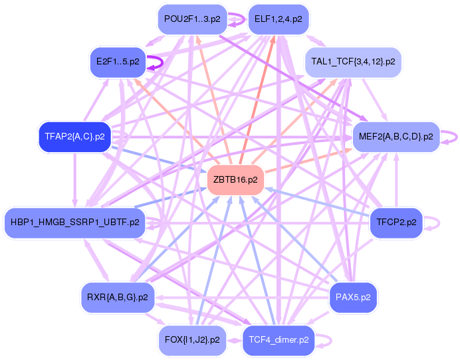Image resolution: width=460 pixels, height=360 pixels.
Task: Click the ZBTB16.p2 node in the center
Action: pyautogui.click(x=236, y=180)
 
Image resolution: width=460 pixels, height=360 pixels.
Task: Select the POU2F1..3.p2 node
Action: pyautogui.click(x=192, y=19)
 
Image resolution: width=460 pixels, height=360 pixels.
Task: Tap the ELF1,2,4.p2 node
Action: pyautogui.click(x=278, y=19)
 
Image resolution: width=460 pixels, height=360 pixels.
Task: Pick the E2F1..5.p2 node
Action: pyautogui.click(x=118, y=62)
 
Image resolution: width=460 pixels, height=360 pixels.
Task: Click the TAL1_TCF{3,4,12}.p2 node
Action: pyautogui.click(x=353, y=62)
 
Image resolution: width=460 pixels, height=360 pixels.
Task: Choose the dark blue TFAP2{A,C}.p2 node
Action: pyautogui.click(x=74, y=137)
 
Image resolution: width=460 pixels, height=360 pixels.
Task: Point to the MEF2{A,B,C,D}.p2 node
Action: pyautogui.click(x=396, y=137)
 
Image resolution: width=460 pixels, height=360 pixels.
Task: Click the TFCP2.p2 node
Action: pyautogui.click(x=396, y=222)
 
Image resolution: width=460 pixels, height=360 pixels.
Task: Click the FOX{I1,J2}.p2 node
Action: pyautogui.click(x=191, y=339)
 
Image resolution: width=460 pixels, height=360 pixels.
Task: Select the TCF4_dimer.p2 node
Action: pyautogui.click(x=279, y=339)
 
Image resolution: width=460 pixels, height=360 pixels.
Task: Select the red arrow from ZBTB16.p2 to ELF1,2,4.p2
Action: pyautogui.click(x=257, y=100)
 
